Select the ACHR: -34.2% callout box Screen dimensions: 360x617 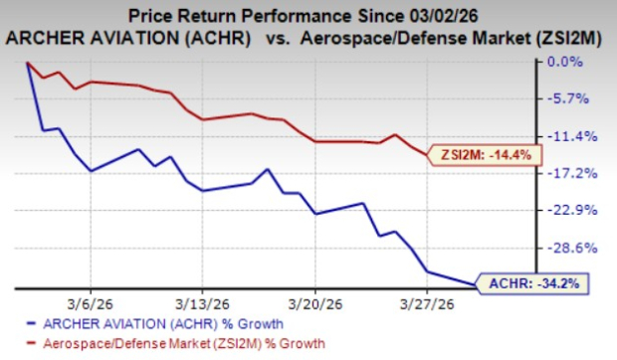(533, 283)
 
